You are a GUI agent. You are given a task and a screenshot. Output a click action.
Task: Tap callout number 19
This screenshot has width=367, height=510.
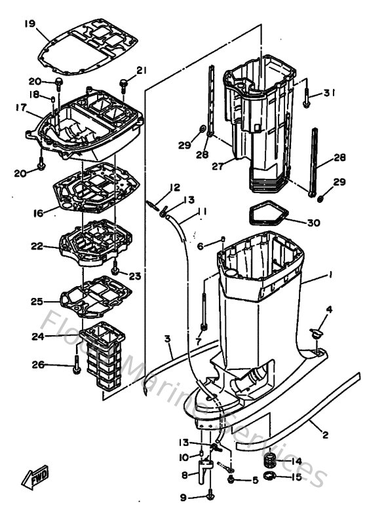(29, 24)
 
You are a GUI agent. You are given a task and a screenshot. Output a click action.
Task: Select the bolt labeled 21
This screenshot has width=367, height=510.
(124, 83)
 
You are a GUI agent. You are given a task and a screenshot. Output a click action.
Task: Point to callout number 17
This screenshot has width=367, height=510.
(20, 107)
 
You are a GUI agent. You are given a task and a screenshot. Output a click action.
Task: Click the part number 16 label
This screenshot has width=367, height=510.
(37, 213)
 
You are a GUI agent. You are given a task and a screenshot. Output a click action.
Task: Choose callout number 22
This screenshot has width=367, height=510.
(37, 246)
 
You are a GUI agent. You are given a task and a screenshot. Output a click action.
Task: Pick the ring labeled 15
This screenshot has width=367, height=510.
(269, 477)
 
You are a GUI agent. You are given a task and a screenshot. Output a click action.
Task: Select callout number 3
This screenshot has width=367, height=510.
(168, 338)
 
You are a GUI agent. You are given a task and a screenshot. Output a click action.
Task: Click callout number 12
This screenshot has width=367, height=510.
(174, 188)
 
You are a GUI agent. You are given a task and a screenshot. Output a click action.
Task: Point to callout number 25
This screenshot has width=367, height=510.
(37, 302)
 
